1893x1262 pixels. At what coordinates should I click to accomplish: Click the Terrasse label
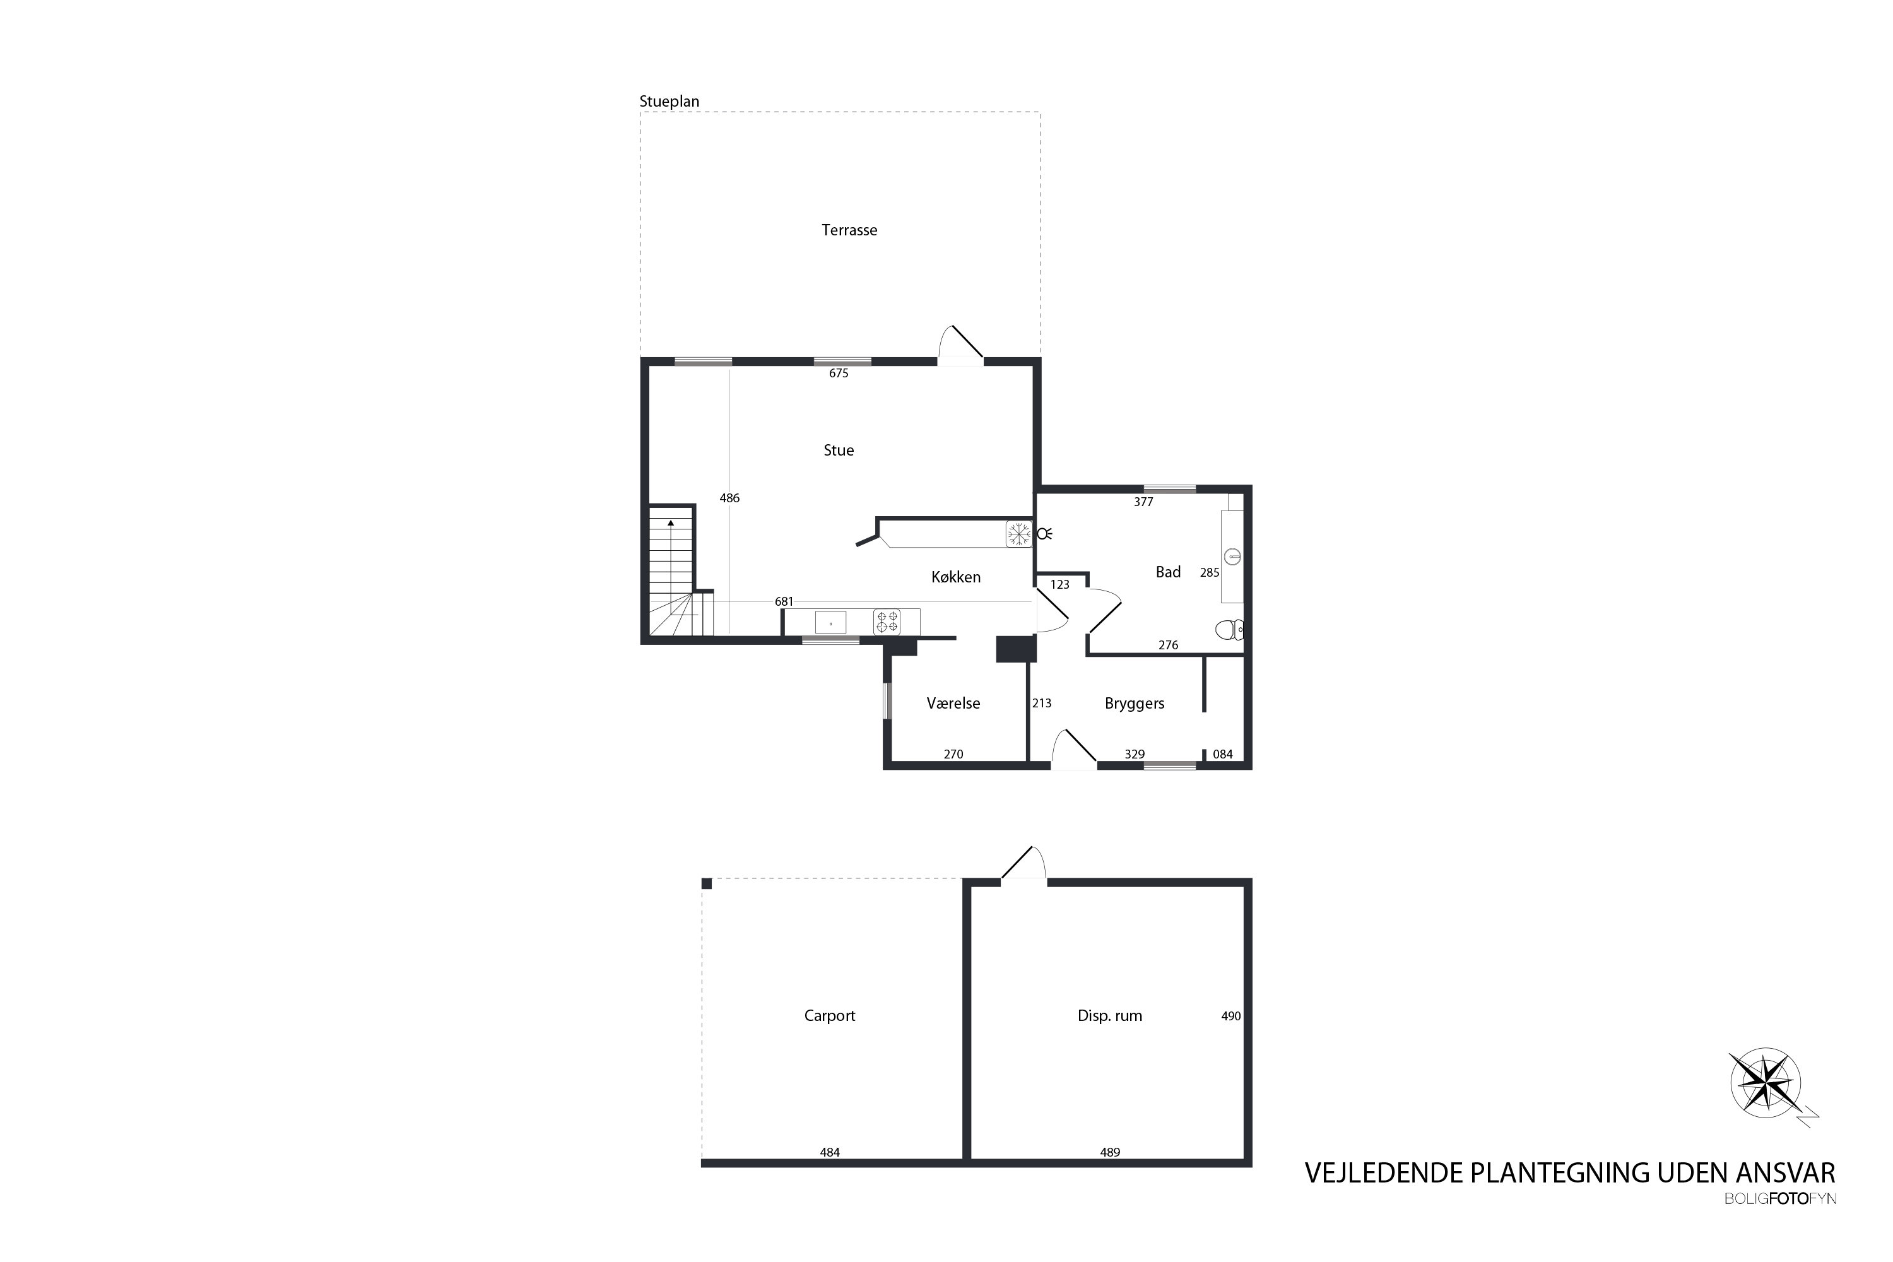pos(849,230)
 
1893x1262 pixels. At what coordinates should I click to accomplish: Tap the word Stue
pos(839,451)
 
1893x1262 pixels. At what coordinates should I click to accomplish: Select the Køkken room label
pos(956,577)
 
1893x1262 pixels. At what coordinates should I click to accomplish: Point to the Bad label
pos(1168,572)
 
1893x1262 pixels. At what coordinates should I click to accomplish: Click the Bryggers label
pos(1135,704)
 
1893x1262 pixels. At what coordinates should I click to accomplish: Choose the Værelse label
pos(953,704)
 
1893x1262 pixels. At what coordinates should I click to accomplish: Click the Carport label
pos(830,1016)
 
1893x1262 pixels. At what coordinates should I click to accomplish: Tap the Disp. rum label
pos(1110,1016)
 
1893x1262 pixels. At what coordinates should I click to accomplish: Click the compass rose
pos(1766,1083)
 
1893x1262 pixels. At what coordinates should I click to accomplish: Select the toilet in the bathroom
pos(1229,629)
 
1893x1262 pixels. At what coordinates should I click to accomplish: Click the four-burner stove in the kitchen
pos(887,622)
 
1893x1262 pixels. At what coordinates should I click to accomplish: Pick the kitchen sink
pos(830,623)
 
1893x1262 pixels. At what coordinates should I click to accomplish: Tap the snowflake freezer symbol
pos(1019,534)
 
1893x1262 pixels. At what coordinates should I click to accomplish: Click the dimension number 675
pos(839,374)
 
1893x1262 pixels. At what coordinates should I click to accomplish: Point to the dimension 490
pos(1230,1017)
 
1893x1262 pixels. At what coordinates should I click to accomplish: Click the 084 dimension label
pos(1223,755)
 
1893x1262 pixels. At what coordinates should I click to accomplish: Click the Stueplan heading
pos(669,102)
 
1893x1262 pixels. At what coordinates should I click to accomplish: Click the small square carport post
pos(707,884)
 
